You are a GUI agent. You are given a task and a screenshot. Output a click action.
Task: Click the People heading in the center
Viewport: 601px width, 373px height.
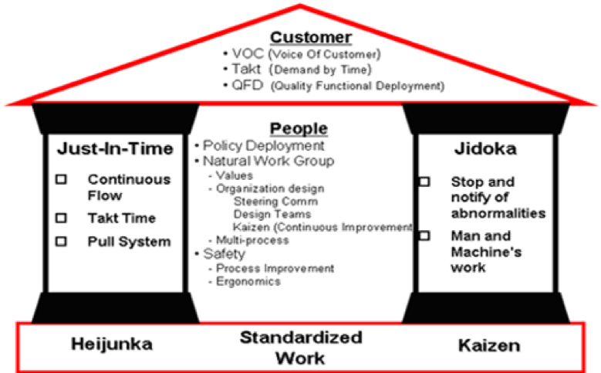click(299, 129)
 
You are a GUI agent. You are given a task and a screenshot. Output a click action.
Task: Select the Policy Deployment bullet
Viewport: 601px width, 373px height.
click(259, 145)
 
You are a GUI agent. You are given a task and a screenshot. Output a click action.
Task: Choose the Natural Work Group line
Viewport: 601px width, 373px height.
click(267, 161)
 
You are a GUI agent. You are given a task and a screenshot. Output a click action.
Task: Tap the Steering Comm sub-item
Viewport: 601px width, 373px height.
click(265, 201)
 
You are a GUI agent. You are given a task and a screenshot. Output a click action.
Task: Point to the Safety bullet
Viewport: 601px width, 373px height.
click(224, 253)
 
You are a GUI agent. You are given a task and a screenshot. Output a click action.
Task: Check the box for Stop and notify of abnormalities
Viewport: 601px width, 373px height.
click(424, 181)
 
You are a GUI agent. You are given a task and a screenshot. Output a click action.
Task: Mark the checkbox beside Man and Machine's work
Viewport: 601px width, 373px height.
click(424, 236)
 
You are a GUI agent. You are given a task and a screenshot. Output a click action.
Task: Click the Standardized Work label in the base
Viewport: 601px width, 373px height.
click(300, 348)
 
